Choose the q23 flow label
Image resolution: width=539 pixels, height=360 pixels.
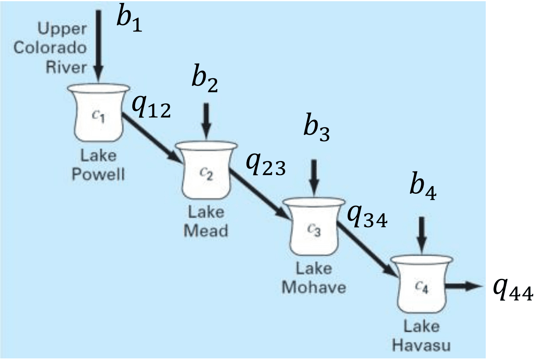pyautogui.click(x=265, y=163)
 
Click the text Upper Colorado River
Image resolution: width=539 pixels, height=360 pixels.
pyautogui.click(x=50, y=48)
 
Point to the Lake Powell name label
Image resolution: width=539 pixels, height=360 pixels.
pyautogui.click(x=98, y=165)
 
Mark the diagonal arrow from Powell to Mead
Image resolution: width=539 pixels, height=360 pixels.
pyautogui.click(x=151, y=137)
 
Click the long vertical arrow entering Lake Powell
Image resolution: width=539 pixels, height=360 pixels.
pyautogui.click(x=98, y=40)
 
